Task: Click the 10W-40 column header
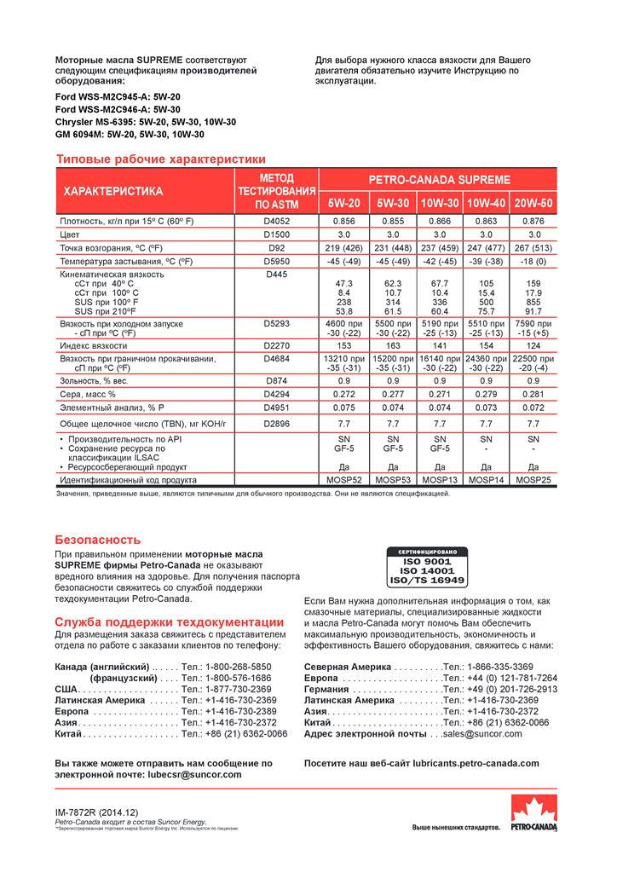click(x=487, y=204)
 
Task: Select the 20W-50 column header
click(x=533, y=204)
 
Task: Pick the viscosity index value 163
click(x=393, y=346)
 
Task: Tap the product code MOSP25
click(x=533, y=480)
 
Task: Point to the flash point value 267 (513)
click(x=533, y=247)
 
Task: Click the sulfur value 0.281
click(x=533, y=394)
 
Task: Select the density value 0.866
click(x=440, y=221)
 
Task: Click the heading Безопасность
click(x=97, y=540)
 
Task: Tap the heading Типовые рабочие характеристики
click(x=160, y=159)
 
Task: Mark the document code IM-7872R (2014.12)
click(x=96, y=813)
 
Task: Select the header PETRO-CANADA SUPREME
click(x=440, y=180)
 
